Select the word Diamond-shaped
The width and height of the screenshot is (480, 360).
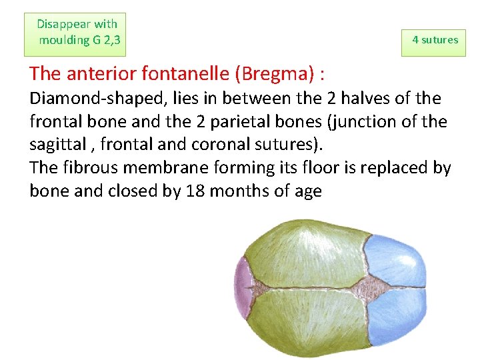point(81,99)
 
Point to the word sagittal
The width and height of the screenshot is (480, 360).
point(57,145)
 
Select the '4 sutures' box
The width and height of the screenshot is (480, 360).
point(435,40)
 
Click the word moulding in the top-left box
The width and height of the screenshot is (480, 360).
point(64,40)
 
